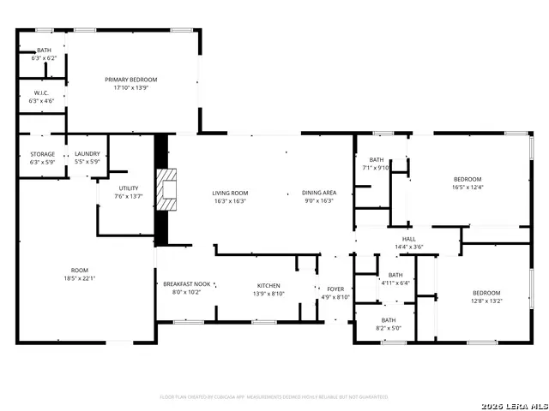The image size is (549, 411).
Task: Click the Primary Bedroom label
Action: tap(131, 80)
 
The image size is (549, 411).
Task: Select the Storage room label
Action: tap(42, 154)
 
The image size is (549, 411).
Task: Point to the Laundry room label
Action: tap(87, 154)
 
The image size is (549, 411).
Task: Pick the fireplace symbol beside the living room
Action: tap(168, 186)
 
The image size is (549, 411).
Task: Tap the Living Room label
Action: tap(230, 193)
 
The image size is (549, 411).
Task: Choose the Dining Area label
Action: tap(318, 193)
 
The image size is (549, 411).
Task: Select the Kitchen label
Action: tap(268, 285)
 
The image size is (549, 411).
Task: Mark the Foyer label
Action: tap(335, 289)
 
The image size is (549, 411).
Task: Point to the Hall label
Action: tap(409, 239)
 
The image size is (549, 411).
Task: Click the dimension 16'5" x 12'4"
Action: tap(468, 188)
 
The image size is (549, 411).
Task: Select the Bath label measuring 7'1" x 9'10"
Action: tap(377, 160)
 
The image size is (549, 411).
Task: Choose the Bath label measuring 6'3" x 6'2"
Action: tap(42, 51)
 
